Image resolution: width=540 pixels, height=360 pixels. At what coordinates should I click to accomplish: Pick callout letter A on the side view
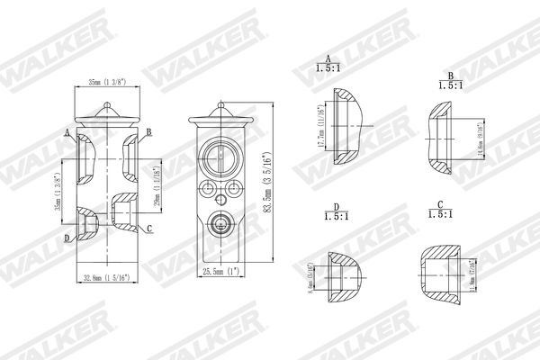(67, 132)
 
